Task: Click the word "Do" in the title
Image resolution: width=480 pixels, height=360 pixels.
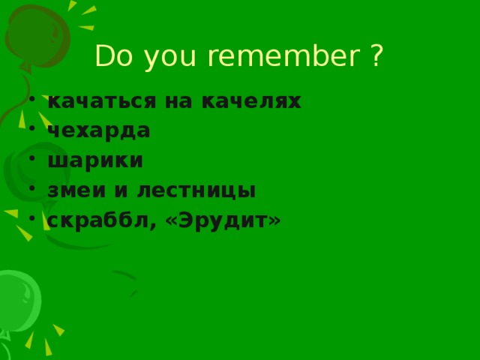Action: (111, 56)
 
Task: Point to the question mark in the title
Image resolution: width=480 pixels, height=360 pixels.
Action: (376, 56)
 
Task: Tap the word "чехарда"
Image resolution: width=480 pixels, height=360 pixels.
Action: (98, 130)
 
